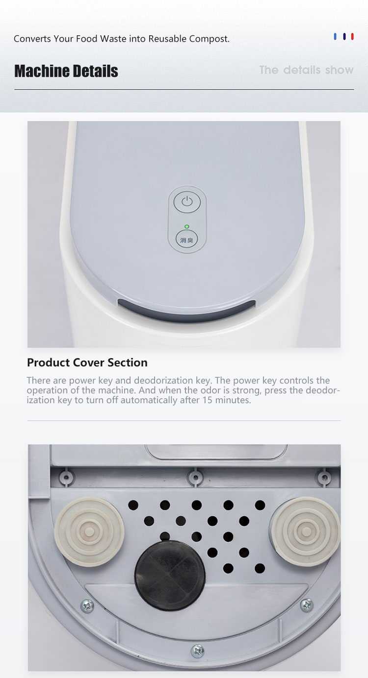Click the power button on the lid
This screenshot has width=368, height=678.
pyautogui.click(x=187, y=201)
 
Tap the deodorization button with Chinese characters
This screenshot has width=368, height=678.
pyautogui.click(x=187, y=240)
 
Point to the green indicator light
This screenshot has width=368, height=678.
pyautogui.click(x=187, y=226)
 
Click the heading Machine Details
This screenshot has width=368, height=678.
pyautogui.click(x=66, y=71)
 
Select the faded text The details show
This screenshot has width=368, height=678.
pyautogui.click(x=306, y=70)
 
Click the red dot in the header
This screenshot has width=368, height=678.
pyautogui.click(x=352, y=37)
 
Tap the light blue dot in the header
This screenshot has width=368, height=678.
pyautogui.click(x=335, y=37)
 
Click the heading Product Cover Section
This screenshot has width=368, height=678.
pyautogui.click(x=87, y=363)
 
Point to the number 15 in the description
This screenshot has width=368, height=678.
pyautogui.click(x=208, y=400)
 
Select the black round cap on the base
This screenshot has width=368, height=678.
pyautogui.click(x=170, y=576)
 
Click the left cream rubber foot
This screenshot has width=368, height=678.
pyautogui.click(x=89, y=532)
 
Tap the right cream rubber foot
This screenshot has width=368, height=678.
pyautogui.click(x=306, y=531)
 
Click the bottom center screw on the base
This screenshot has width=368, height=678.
pyautogui.click(x=198, y=650)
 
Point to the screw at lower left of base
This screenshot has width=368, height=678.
pyautogui.click(x=87, y=605)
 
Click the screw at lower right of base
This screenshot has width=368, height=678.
pyautogui.click(x=307, y=605)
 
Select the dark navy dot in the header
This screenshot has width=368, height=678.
pyautogui.click(x=344, y=37)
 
